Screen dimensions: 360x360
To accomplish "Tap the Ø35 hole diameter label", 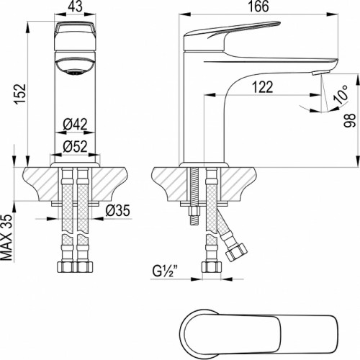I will [x=117, y=210].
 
